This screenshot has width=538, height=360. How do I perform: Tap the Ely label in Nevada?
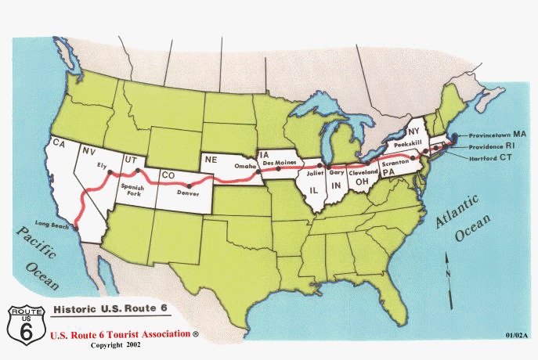point(101,167)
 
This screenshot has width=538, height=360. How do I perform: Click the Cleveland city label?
point(363,171)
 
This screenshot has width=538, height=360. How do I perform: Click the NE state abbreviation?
point(210,158)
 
